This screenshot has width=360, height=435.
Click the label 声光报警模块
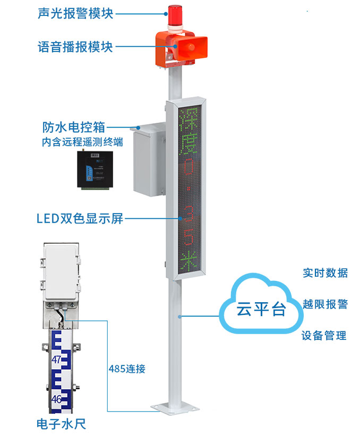click(75, 13)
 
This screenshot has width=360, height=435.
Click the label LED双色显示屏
click(80, 218)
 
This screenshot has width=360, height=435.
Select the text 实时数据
click(325, 273)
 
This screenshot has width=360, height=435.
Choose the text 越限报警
click(325, 304)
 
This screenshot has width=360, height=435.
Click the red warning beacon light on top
click(174, 17)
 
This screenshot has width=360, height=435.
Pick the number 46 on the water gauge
click(57, 398)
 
